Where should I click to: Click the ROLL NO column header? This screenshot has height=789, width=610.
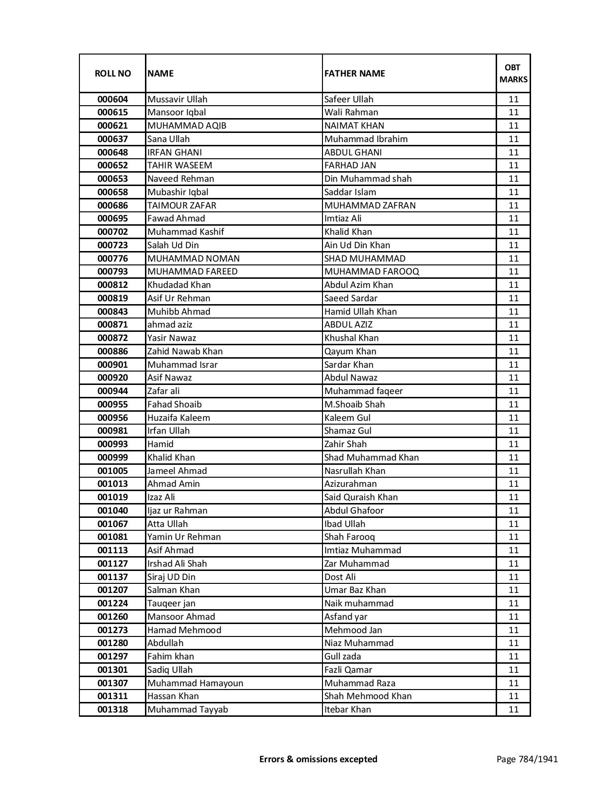[x=112, y=73]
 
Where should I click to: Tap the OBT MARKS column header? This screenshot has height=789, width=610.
[x=513, y=73]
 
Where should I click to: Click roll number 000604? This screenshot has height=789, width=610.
[x=112, y=99]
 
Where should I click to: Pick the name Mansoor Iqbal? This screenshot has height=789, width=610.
[x=177, y=112]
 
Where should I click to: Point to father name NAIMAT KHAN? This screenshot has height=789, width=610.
[x=354, y=126]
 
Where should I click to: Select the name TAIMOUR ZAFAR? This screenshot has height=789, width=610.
[x=182, y=206]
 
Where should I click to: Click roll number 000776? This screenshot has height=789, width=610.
[x=112, y=259]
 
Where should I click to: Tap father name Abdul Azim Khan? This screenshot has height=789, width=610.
[x=358, y=285]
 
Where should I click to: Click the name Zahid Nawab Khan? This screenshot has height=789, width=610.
[x=185, y=351]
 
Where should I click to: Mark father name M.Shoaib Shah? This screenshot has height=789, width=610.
[x=355, y=405]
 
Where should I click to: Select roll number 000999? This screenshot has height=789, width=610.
[x=112, y=458]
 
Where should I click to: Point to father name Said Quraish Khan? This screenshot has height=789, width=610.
[x=361, y=497]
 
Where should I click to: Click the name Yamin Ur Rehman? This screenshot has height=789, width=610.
[x=184, y=537]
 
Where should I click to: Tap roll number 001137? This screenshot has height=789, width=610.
[x=112, y=577]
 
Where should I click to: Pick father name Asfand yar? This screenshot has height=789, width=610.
[x=346, y=617]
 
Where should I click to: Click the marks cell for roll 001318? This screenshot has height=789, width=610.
[x=513, y=710]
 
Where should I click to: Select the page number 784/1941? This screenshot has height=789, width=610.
[x=527, y=759]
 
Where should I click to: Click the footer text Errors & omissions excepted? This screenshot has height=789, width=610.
[x=318, y=759]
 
